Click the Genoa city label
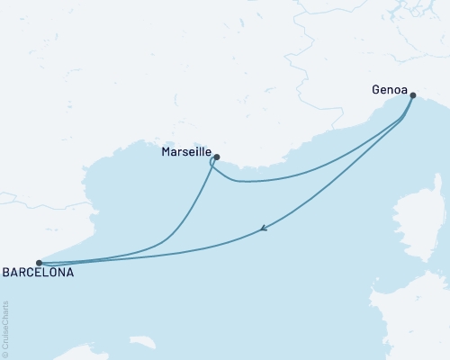pyautogui.click(x=388, y=89)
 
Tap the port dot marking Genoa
pyautogui.click(x=412, y=94)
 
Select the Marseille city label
pyautogui.click(x=185, y=152)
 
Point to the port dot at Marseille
pyautogui.click(x=217, y=156)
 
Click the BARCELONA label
pyautogui.click(x=39, y=271)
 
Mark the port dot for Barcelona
pyautogui.click(x=39, y=263)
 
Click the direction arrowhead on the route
pyautogui.click(x=262, y=229)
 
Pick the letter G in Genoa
pyautogui.click(x=375, y=89)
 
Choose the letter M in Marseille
pyautogui.click(x=166, y=152)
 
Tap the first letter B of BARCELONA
pyautogui.click(x=7, y=271)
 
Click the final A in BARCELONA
pyautogui.click(x=70, y=271)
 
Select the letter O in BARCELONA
pyautogui.click(x=52, y=271)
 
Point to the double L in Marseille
pyautogui.click(x=198, y=152)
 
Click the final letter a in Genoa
pyautogui.click(x=401, y=89)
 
